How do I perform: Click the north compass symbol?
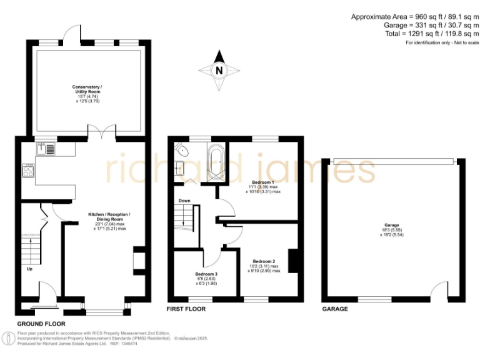pyautogui.click(x=219, y=71)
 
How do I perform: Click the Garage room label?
pyautogui.click(x=392, y=229)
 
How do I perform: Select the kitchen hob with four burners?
pyautogui.click(x=29, y=171)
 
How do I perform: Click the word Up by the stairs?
pyautogui.click(x=29, y=269)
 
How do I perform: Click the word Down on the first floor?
pyautogui.click(x=184, y=201)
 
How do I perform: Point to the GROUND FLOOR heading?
pyautogui.click(x=41, y=324)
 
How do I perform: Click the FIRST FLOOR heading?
pyautogui.click(x=186, y=309)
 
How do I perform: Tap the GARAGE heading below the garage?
pyautogui.click(x=335, y=309)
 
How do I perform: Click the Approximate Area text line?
pyautogui.click(x=414, y=16)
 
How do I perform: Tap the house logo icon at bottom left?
pyautogui.click(x=9, y=339)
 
